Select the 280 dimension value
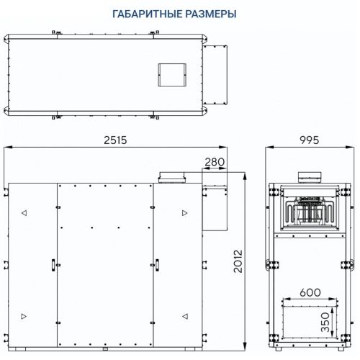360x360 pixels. (215, 163)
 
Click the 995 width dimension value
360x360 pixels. (310, 140)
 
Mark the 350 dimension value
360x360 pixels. (325, 320)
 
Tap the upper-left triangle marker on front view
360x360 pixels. (24, 213)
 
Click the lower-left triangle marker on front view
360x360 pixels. (24, 315)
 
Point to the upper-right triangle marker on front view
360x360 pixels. (184, 213)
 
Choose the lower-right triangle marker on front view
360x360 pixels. (184, 315)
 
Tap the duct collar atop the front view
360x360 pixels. (173, 177)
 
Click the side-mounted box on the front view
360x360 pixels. (214, 208)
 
